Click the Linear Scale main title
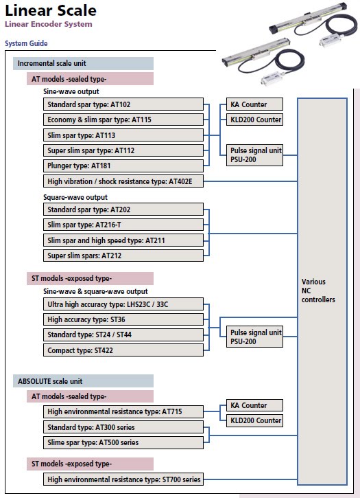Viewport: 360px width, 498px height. tap(51, 10)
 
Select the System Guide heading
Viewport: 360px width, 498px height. tap(26, 43)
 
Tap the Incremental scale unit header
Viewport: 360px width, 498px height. tap(83, 63)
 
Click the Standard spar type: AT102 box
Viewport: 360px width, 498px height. tap(123, 104)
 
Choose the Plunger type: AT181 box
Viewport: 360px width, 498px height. tap(123, 166)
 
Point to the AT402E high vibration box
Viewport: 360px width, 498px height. tap(123, 181)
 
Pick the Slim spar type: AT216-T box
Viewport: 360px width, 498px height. tap(123, 225)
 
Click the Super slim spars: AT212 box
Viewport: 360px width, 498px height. tap(123, 256)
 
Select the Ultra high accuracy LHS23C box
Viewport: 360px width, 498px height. tap(123, 304)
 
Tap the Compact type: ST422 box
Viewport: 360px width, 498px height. tap(123, 350)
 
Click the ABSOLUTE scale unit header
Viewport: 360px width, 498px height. tap(83, 381)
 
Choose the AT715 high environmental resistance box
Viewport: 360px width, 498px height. tap(123, 411)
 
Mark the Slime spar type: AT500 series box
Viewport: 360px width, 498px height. tap(123, 442)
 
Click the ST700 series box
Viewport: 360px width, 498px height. tap(123, 479)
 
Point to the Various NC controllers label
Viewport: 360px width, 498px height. tap(318, 291)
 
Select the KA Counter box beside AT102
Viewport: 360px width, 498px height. tap(254, 104)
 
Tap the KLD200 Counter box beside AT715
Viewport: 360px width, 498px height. tap(254, 420)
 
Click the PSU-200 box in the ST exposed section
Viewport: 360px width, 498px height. tap(254, 337)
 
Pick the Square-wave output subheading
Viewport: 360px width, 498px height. tap(75, 197)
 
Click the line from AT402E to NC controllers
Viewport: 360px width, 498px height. tap(250, 181)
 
